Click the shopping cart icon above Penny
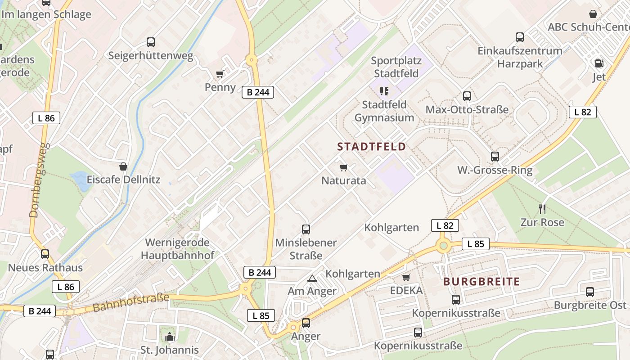(x=220, y=74)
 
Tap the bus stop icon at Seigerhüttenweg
(x=151, y=42)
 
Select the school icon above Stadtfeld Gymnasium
(x=384, y=91)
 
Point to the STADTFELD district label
(x=371, y=147)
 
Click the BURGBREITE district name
(x=481, y=282)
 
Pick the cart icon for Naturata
(x=344, y=168)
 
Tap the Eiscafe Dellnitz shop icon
(x=123, y=166)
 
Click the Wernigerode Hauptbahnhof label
(x=177, y=249)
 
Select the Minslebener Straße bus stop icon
(x=306, y=229)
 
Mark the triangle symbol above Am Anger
(x=312, y=279)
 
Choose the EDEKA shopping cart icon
(x=406, y=277)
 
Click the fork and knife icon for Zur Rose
(x=542, y=209)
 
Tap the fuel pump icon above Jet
(x=599, y=63)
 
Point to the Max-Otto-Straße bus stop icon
(x=467, y=96)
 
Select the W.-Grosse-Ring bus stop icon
(x=495, y=157)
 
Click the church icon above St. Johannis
(x=169, y=337)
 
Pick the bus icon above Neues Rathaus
(x=45, y=254)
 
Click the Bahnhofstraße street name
(x=131, y=303)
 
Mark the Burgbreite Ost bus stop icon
(x=590, y=292)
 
